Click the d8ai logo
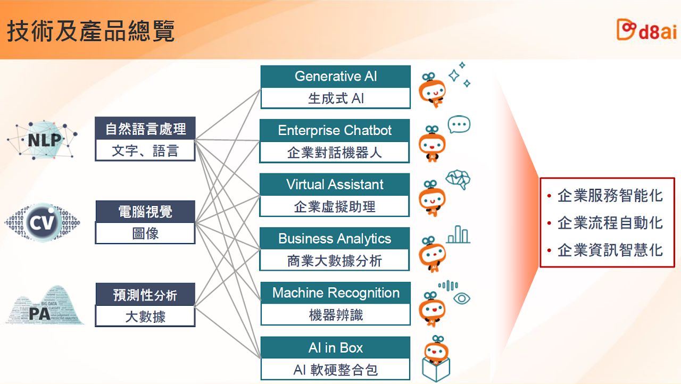click(x=646, y=30)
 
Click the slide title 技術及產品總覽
click(x=90, y=31)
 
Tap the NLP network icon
click(x=42, y=140)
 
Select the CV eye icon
click(x=43, y=223)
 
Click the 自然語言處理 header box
click(x=145, y=129)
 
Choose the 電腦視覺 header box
click(x=145, y=212)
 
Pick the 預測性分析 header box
click(x=145, y=294)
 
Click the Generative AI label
click(x=336, y=76)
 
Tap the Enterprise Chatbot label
click(x=335, y=130)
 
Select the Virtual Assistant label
click(x=335, y=185)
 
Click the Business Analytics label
click(x=335, y=239)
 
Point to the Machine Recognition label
click(x=336, y=293)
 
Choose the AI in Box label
click(x=336, y=348)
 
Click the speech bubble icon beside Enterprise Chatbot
click(x=459, y=124)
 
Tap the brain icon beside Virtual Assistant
click(x=458, y=179)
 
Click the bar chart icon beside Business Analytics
click(x=458, y=235)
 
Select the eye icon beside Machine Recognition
click(x=462, y=298)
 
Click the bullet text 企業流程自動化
click(x=610, y=223)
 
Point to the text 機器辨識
click(x=336, y=315)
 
